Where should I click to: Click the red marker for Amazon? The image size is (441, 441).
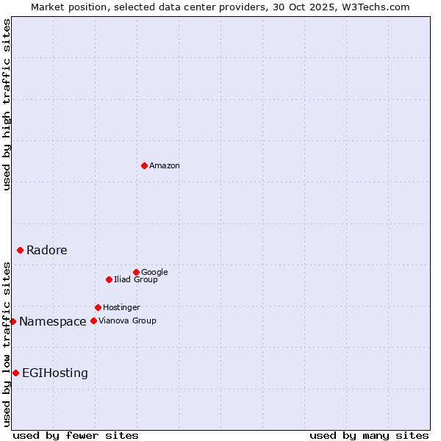pos(144,165)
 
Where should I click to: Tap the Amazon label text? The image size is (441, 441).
pos(164,166)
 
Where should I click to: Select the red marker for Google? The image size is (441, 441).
pos(136,272)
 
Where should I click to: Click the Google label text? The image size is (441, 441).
pos(154,273)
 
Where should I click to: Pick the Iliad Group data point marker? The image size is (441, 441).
pos(109,279)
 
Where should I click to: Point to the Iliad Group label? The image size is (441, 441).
pos(135,280)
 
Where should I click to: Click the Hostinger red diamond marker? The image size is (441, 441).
pos(98,307)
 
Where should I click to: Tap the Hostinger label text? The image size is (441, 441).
pos(121,308)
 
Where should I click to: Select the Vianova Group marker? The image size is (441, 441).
pos(93,320)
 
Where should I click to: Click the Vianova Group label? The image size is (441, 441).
pos(127,321)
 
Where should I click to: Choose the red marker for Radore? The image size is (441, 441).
pos(20,250)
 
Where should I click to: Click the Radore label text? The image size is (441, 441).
pos(46,251)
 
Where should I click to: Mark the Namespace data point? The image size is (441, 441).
pos(12,321)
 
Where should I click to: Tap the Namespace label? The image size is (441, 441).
pos(52,322)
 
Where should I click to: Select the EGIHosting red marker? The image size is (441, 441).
pos(15,373)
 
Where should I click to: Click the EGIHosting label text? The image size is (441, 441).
pos(54,373)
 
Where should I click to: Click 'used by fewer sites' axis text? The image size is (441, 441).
pos(76,435)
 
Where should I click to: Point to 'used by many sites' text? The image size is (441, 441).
pos(369,435)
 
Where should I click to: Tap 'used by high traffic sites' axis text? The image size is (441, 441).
pos(7,104)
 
